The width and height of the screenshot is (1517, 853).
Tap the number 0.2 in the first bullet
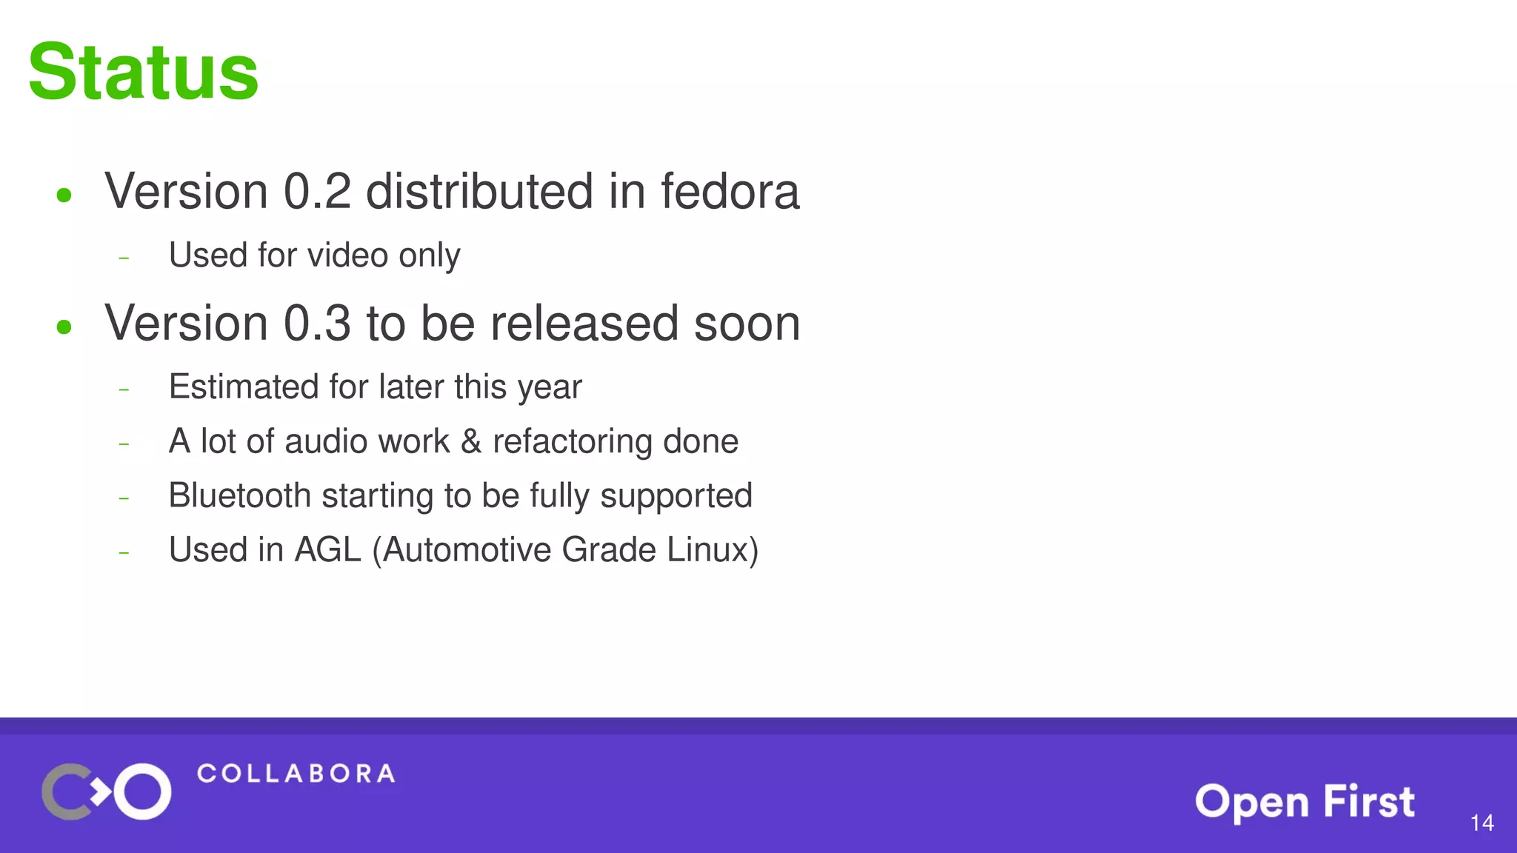point(317,191)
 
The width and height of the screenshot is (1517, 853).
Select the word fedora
point(730,191)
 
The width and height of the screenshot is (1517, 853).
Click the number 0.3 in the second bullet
point(317,323)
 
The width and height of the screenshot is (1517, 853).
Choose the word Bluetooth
point(239,495)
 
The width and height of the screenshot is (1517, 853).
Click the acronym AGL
point(327,550)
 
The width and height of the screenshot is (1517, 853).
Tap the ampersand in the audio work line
point(471,442)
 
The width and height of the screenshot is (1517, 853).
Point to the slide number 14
point(1481,823)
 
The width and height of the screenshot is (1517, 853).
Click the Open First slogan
point(1304,802)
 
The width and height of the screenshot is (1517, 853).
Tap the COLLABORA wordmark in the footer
point(296,774)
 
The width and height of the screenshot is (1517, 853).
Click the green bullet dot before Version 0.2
point(64,195)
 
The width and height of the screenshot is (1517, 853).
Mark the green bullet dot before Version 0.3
point(64,327)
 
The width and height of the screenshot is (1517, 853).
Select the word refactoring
point(572,442)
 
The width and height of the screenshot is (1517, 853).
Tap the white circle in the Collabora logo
point(143,792)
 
